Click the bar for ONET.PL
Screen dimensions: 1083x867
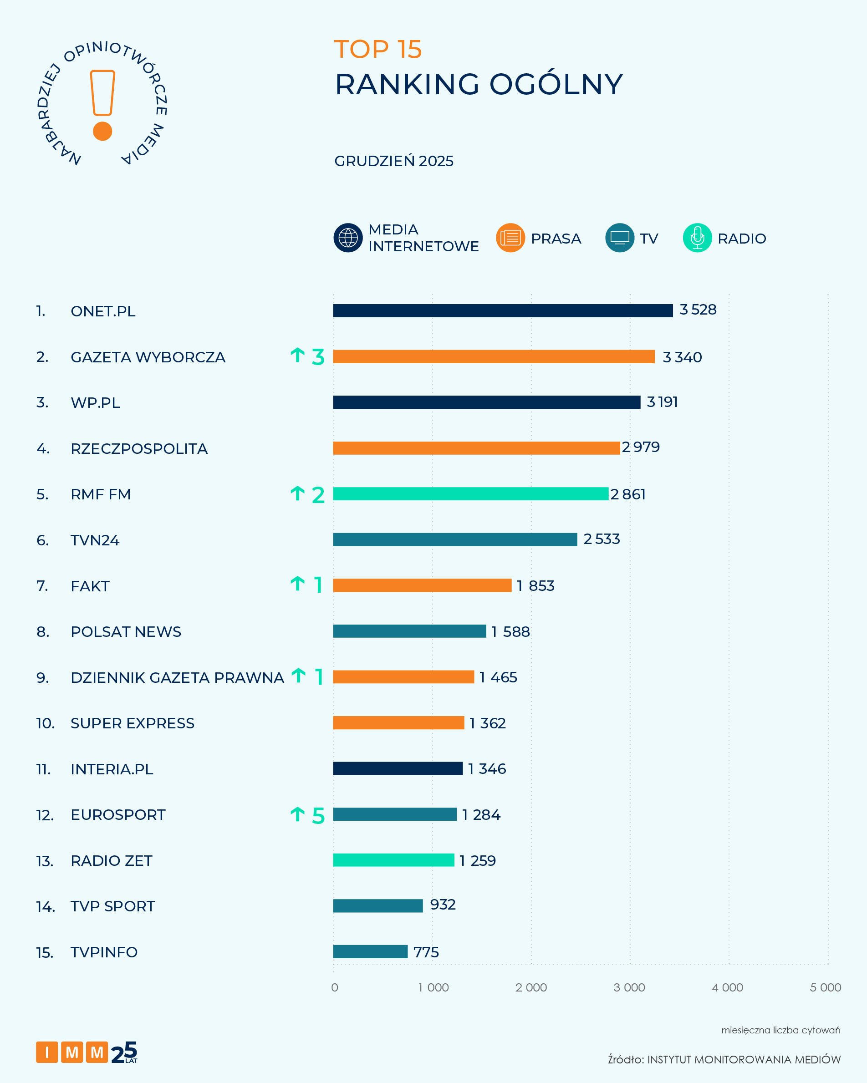coord(502,310)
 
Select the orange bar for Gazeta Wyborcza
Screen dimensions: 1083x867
coord(493,356)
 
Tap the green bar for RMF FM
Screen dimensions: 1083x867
coord(470,494)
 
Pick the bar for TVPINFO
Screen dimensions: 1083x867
coord(370,951)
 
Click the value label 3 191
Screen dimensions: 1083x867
coord(662,402)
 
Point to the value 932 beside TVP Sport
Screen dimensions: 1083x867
coord(443,905)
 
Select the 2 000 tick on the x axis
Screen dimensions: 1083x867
coord(531,987)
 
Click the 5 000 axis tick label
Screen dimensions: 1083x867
coord(825,987)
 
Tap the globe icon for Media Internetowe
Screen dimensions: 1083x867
coord(347,238)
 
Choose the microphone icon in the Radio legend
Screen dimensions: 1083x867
coord(697,238)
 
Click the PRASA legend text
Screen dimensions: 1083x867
coord(556,239)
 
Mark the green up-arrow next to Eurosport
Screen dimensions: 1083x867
coord(297,814)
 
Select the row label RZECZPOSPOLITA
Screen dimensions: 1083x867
coord(139,448)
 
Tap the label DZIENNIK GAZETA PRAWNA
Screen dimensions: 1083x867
coord(177,678)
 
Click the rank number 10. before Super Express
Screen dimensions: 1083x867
coord(45,723)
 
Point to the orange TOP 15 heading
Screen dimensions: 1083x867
coord(378,49)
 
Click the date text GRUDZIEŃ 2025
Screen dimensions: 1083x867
coord(394,161)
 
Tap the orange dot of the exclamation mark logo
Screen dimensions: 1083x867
coord(102,131)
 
